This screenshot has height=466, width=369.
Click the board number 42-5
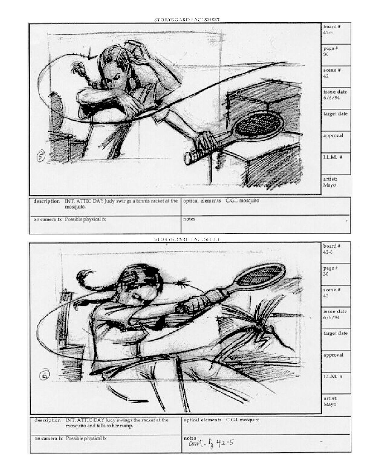coord(328,32)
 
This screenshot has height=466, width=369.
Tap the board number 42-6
coord(328,252)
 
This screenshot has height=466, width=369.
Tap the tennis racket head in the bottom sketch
coord(259,274)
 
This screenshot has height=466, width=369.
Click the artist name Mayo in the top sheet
coord(329,185)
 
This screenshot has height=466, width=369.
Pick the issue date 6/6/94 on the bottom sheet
coord(332,317)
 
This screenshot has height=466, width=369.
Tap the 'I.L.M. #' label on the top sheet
coord(333,157)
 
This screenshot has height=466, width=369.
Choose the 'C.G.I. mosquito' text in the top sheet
coord(242,201)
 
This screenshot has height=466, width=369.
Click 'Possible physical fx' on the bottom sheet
coord(86,438)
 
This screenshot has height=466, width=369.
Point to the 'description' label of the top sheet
coord(46,201)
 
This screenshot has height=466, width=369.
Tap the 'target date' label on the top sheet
coord(335,114)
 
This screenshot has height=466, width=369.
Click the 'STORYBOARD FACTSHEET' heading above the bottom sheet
coord(187,239)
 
